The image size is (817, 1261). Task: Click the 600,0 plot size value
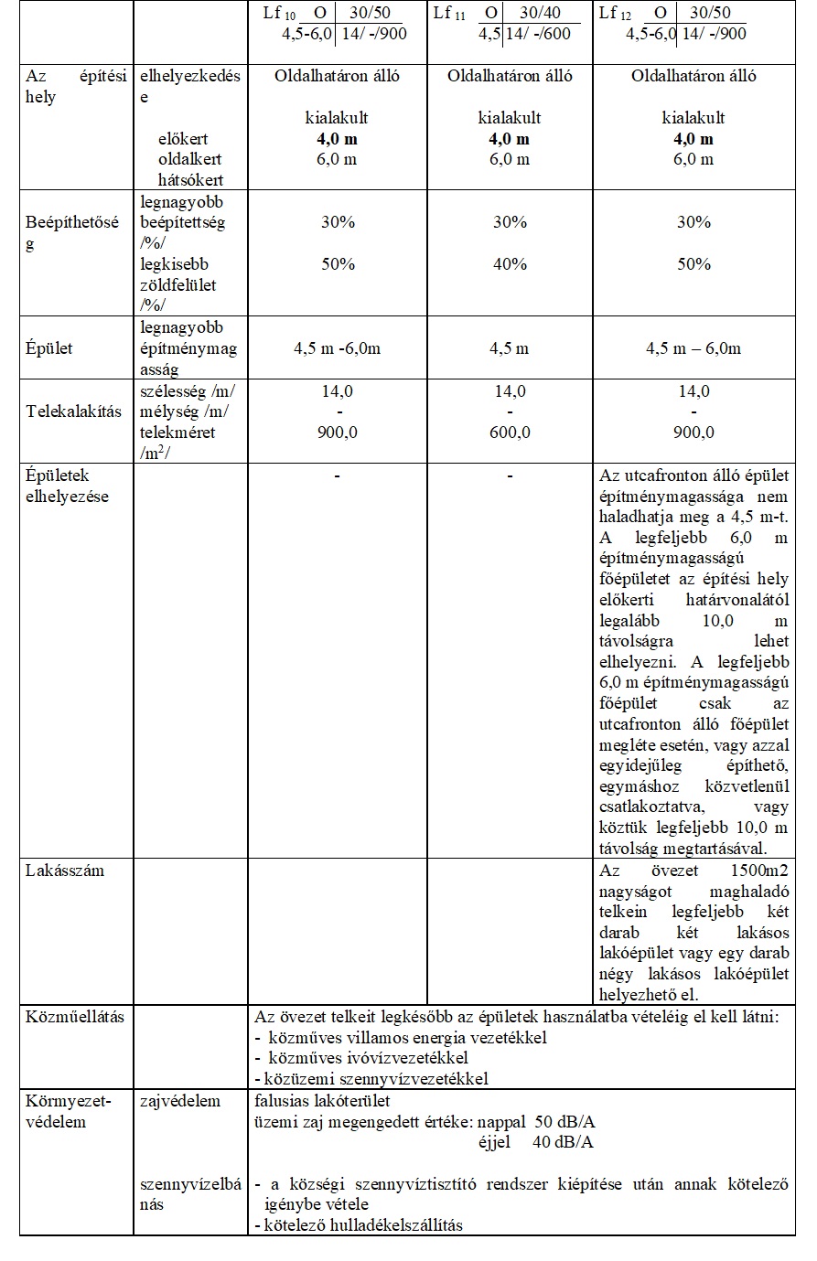(x=510, y=433)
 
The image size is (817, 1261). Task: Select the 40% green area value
(x=510, y=264)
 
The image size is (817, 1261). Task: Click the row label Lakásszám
(x=64, y=871)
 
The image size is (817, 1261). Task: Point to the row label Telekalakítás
(x=73, y=411)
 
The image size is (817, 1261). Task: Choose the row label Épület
(x=48, y=348)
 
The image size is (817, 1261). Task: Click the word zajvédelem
(x=180, y=1101)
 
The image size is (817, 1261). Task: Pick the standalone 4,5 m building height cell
(x=510, y=348)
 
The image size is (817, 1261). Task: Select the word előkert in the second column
(x=183, y=139)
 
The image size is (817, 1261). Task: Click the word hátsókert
(x=190, y=180)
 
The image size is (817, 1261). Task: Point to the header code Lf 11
(x=449, y=14)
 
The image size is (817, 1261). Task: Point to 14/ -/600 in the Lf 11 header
(x=538, y=34)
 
